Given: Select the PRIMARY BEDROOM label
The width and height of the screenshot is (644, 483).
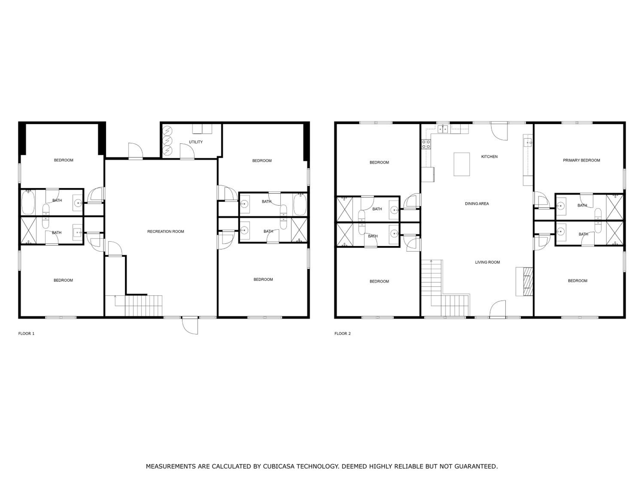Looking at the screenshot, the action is pos(581,160).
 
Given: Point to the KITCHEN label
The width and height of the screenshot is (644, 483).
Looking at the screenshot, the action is pos(489,157).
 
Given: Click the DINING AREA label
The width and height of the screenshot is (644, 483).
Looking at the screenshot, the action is pos(477,204).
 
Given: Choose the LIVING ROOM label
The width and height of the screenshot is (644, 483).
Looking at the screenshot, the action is pos(487,262).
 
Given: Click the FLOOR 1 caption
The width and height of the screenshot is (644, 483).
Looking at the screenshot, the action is pos(26,334).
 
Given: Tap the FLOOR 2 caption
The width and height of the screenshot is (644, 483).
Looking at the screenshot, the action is pos(343,334).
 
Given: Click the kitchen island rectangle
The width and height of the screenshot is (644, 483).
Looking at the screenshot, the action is pos(462,164).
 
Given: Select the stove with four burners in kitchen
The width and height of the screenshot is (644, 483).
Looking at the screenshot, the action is pos(426,144).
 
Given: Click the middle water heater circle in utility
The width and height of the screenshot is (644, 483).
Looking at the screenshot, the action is pos(168,141).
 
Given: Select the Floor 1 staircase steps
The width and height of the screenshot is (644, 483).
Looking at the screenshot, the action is pos(144,306).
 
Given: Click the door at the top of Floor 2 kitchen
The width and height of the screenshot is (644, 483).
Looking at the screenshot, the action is pos(499,131).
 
